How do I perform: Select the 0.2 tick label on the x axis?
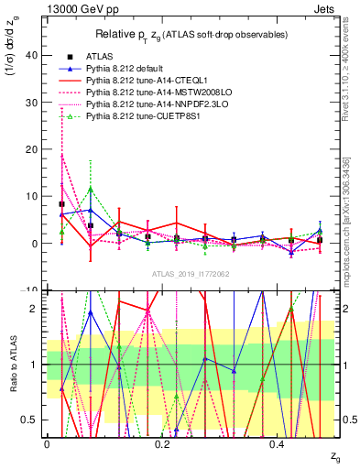click(163, 444)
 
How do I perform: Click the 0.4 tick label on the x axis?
click(278, 444)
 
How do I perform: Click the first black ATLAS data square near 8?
click(61, 204)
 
